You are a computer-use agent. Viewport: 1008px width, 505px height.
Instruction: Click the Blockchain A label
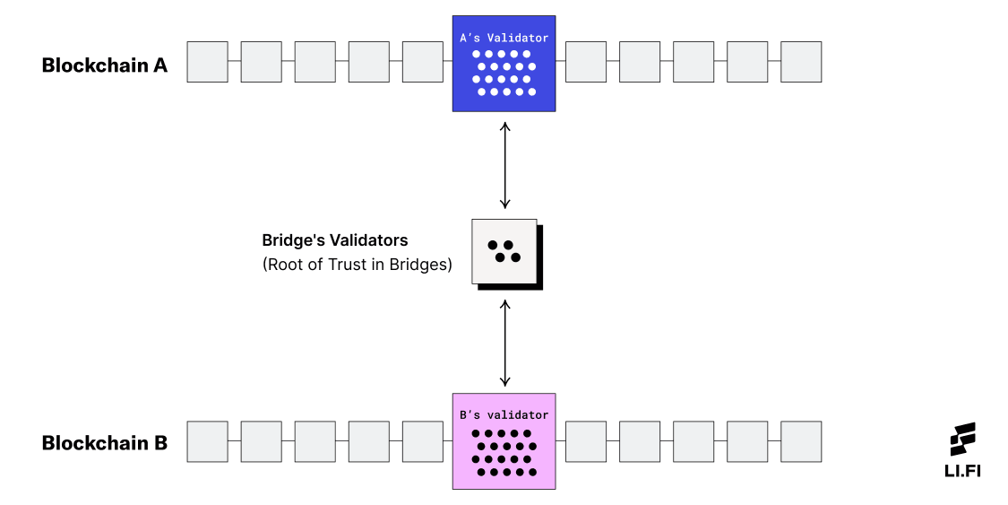coord(105,65)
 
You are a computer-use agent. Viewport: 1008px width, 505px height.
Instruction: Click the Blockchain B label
coord(105,443)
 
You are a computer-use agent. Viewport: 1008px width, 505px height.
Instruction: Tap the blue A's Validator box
coord(504,64)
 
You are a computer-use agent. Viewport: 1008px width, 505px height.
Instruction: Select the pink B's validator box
coord(504,441)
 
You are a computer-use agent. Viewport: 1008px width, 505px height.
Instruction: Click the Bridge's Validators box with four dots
coord(504,251)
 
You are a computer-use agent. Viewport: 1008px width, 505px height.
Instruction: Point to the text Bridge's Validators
coord(334,240)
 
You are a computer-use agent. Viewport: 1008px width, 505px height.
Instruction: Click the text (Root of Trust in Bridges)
coord(357,266)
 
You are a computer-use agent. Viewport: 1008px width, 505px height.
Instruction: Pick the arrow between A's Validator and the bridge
coord(505,165)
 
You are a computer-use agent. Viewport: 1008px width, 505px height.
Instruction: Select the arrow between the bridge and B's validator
coord(505,343)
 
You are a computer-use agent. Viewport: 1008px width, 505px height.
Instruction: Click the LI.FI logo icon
coord(963,440)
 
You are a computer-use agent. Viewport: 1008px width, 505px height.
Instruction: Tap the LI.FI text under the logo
coord(964,471)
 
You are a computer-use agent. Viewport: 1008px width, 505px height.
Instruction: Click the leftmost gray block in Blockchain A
coord(207,62)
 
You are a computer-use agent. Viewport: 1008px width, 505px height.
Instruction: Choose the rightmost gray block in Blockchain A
coord(801,62)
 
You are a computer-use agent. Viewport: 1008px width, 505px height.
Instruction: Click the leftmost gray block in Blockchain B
coord(207,441)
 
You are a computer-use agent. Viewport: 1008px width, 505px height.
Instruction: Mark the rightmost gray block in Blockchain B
coord(801,441)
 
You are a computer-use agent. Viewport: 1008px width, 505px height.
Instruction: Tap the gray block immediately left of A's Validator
coord(423,62)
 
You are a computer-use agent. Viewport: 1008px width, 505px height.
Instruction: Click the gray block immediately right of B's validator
coord(586,441)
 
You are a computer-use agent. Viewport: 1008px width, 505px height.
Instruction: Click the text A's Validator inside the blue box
coord(504,38)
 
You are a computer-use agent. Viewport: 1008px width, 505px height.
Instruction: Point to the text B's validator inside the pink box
coord(504,415)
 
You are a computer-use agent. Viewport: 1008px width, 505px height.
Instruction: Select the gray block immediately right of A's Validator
coord(586,62)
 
